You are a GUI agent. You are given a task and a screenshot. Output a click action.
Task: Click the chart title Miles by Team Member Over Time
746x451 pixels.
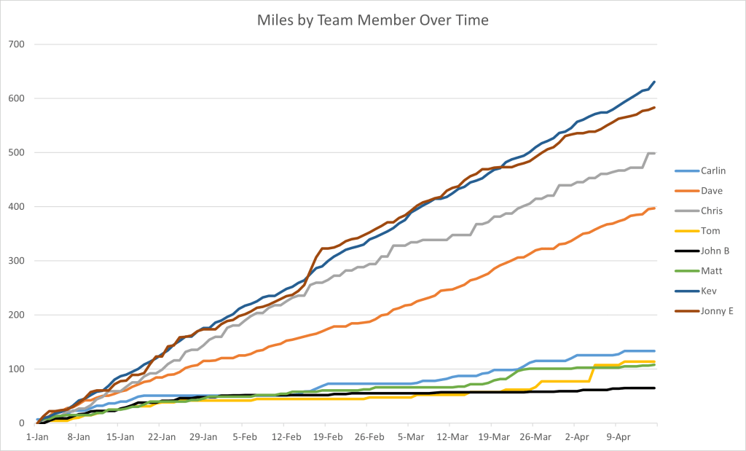tap(373, 20)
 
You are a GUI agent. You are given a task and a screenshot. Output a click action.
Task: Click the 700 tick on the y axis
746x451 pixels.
tap(17, 44)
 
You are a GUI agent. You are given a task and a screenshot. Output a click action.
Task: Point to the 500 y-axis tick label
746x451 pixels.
tap(17, 153)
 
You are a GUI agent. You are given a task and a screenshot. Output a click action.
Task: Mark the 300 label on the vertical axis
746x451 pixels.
tap(17, 261)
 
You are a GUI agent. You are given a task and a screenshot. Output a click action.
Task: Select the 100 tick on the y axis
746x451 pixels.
tap(17, 369)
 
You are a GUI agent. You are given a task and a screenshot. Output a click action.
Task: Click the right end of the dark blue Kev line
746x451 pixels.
tap(654, 82)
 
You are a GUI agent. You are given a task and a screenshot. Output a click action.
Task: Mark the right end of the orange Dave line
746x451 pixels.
tap(654, 208)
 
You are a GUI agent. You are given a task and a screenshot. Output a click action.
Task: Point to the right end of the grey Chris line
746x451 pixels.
tap(654, 153)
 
